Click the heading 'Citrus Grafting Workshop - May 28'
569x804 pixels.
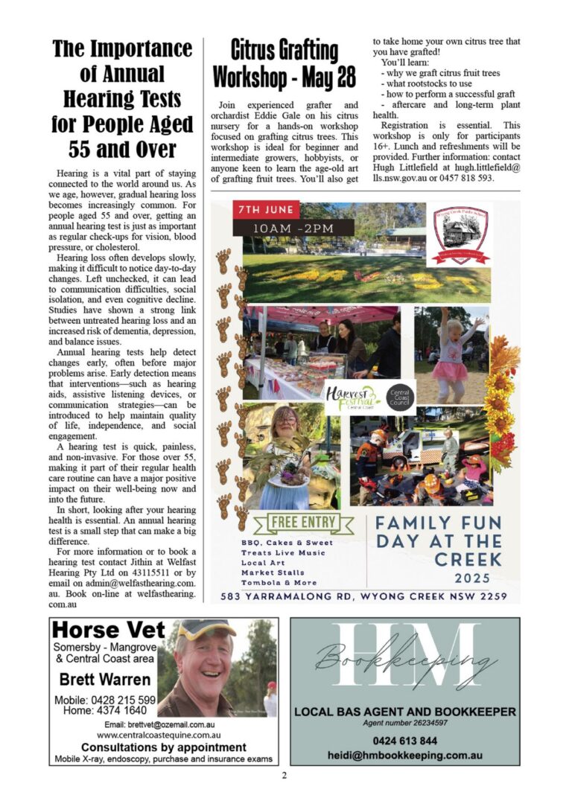275,63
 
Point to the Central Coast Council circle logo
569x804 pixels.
400,395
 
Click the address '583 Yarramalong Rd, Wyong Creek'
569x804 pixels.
364,596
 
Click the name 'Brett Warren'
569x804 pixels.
104,679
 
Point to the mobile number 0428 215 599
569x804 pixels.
104,701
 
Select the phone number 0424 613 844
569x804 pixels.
404,741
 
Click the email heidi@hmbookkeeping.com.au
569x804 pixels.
404,755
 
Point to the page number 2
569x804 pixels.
284,775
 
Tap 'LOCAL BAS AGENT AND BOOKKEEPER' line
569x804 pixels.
404,712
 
